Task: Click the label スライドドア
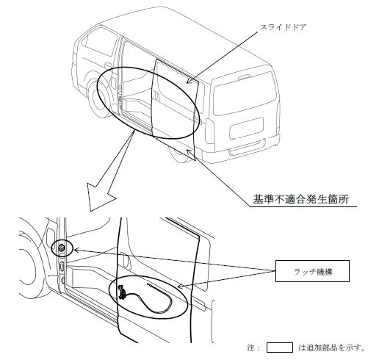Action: [x=283, y=27]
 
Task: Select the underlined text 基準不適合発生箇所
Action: [x=301, y=199]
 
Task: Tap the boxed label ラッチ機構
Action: [x=312, y=271]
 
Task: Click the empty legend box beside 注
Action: [x=280, y=348]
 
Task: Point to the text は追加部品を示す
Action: [x=332, y=348]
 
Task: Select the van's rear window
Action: [x=245, y=94]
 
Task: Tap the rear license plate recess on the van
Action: [x=247, y=129]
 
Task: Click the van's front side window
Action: [x=99, y=42]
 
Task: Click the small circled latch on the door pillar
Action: [x=62, y=248]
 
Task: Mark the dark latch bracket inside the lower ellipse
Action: [x=121, y=292]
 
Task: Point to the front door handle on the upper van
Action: [x=108, y=65]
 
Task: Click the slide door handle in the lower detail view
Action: [x=125, y=259]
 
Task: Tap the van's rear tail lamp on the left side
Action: [x=209, y=131]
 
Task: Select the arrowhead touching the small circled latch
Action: [x=76, y=250]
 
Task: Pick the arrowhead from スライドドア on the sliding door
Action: [x=189, y=81]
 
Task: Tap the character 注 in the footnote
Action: [x=251, y=348]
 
